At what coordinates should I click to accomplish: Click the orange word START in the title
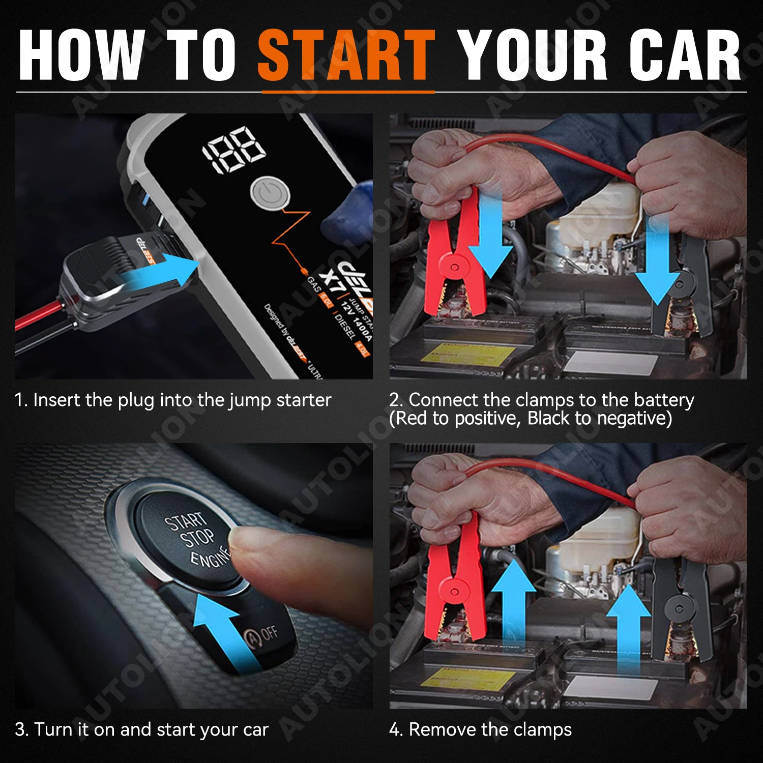tap(346, 55)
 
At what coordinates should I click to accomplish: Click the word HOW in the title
tap(81, 55)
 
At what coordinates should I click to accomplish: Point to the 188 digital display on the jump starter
tap(235, 149)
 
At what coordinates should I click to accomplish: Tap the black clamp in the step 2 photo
tap(682, 285)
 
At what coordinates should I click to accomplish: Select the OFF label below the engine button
tap(269, 633)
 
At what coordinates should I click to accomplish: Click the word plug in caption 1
tap(136, 401)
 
